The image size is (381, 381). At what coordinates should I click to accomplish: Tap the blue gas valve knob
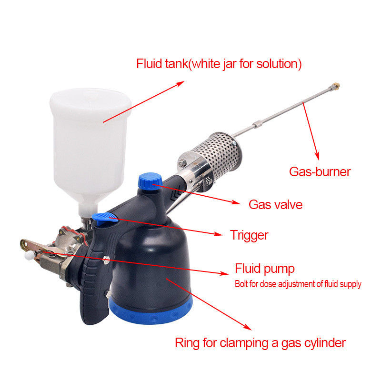coord(150,181)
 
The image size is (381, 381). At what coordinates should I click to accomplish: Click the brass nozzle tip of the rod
coord(335,86)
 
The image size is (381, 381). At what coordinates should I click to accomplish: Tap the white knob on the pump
coord(30,256)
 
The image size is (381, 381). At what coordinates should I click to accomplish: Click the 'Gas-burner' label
coord(320,172)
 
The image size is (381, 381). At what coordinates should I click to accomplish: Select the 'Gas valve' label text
coord(276,205)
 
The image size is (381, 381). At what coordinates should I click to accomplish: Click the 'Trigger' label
coord(249,236)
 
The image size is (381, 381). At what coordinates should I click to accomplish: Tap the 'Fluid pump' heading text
coord(265,269)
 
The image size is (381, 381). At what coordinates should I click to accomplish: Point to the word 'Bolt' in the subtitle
coord(241,284)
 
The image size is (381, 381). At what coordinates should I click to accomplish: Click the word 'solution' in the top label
coord(277,64)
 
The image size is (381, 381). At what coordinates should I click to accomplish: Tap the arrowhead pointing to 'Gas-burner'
coord(317,156)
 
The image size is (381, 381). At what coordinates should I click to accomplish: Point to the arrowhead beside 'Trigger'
coord(218,234)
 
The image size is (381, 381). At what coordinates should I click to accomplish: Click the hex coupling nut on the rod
coord(257,125)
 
